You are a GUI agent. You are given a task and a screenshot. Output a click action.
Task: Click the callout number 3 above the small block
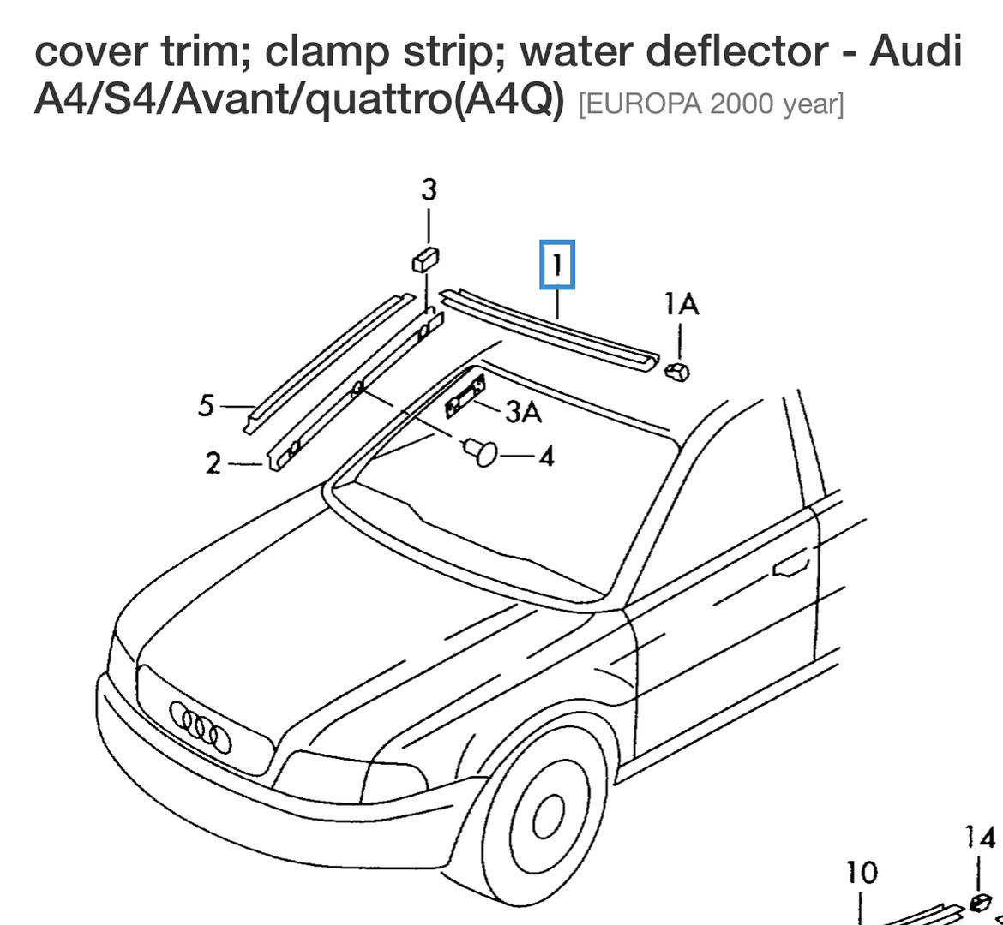tap(429, 189)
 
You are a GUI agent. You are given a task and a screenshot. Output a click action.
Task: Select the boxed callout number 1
tap(557, 265)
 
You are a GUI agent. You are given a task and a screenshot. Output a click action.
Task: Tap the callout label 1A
tap(681, 304)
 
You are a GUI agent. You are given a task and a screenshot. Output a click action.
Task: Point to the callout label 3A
tap(523, 412)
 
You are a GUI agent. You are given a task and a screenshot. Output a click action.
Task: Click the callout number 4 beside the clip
tap(545, 456)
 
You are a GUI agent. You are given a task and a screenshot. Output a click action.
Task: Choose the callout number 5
tap(206, 405)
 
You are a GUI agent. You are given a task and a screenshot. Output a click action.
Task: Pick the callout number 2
tap(213, 463)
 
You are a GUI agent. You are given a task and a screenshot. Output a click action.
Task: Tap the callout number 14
tap(979, 837)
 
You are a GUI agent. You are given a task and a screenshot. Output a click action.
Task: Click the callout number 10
tap(861, 873)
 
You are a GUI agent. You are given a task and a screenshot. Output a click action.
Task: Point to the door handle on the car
tap(790, 566)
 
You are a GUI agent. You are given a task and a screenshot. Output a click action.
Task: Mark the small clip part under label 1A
tap(677, 371)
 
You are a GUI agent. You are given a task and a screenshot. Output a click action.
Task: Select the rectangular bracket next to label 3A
tap(465, 397)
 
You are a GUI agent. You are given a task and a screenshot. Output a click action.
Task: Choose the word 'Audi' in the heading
tap(916, 51)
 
